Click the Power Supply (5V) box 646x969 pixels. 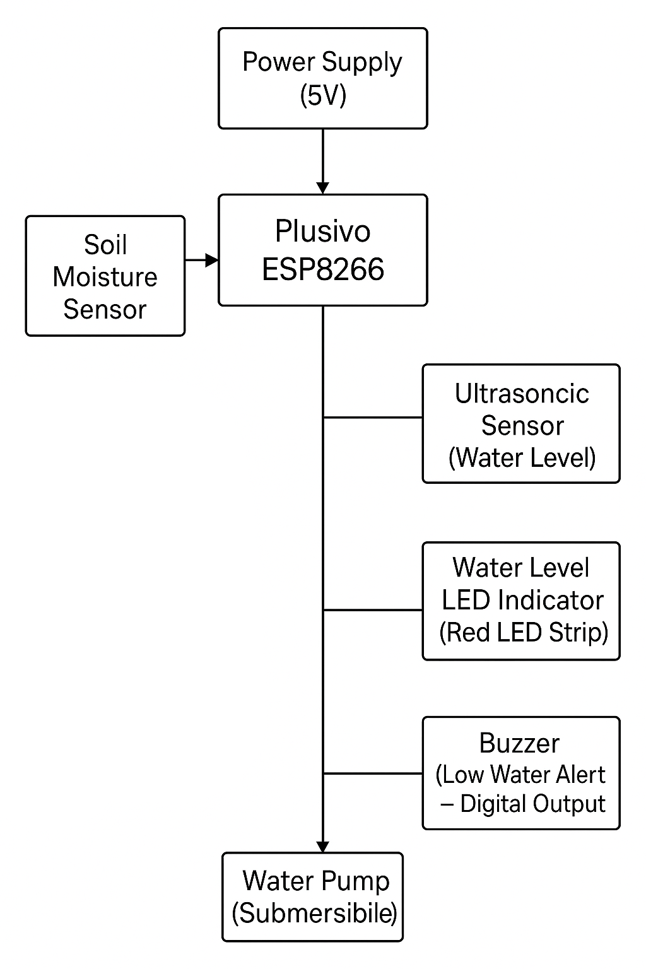pyautogui.click(x=322, y=78)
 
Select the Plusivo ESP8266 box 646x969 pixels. pyautogui.click(x=322, y=250)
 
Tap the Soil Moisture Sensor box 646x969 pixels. pyautogui.click(x=105, y=276)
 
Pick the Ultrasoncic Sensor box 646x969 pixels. pyautogui.click(x=521, y=423)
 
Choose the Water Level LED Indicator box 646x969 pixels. pyautogui.click(x=521, y=601)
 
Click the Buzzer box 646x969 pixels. pyautogui.click(x=521, y=772)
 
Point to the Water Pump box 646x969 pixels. pyautogui.click(x=313, y=896)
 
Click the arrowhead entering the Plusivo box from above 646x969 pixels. pyautogui.click(x=323, y=188)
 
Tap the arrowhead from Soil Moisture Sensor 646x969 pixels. pyautogui.click(x=211, y=260)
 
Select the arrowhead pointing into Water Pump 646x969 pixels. pyautogui.click(x=323, y=847)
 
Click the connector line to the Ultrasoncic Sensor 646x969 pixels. pyautogui.click(x=372, y=418)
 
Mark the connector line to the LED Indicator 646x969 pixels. pyautogui.click(x=372, y=610)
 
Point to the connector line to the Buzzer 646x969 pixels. pyautogui.click(x=372, y=773)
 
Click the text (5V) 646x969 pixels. pyautogui.click(x=323, y=96)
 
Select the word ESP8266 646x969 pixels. pyautogui.click(x=323, y=269)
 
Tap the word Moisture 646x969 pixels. pyautogui.click(x=105, y=277)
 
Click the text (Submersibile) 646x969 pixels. pyautogui.click(x=314, y=913)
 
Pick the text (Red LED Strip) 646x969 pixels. pyautogui.click(x=524, y=632)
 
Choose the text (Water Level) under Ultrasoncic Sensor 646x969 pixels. pyautogui.click(x=522, y=457)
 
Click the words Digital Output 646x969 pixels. pyautogui.click(x=532, y=804)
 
